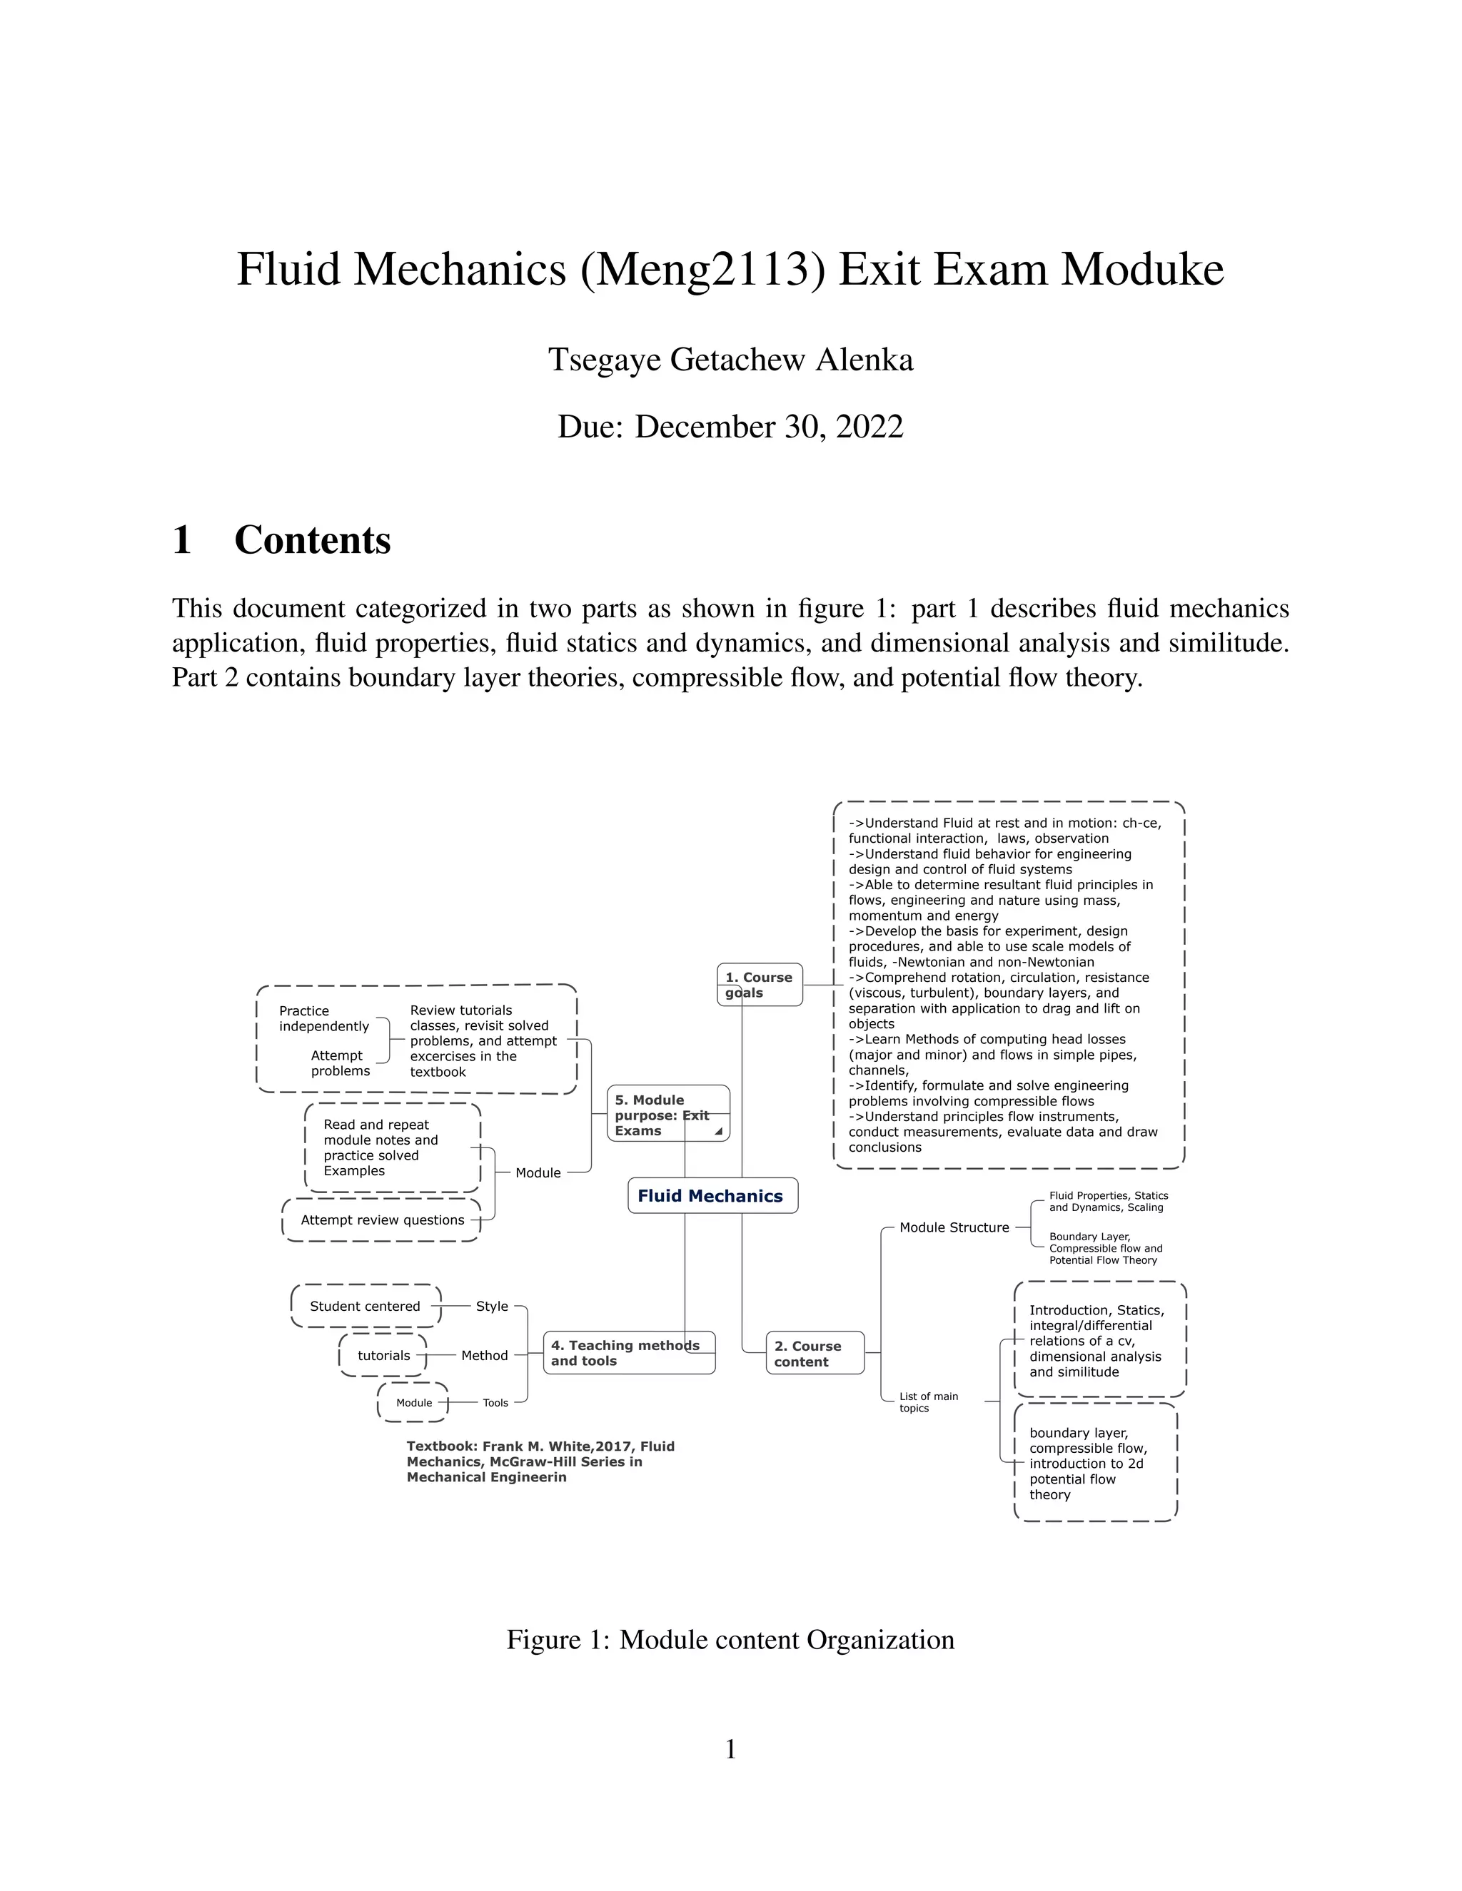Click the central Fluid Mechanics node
(x=712, y=1196)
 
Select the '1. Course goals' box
(x=760, y=985)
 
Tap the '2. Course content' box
(x=814, y=1353)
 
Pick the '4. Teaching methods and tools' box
(x=629, y=1352)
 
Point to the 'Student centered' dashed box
(x=365, y=1307)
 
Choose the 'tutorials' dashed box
(x=383, y=1356)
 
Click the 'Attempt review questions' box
(x=382, y=1220)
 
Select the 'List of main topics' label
(x=929, y=1401)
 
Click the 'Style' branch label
(x=492, y=1307)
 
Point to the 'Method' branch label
(x=484, y=1356)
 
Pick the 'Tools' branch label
(x=495, y=1403)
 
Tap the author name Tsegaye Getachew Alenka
(x=730, y=360)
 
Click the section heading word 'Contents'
(x=313, y=539)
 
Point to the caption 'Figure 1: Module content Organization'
(x=730, y=1639)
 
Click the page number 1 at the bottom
(x=730, y=1750)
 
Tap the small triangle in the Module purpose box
(x=718, y=1132)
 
